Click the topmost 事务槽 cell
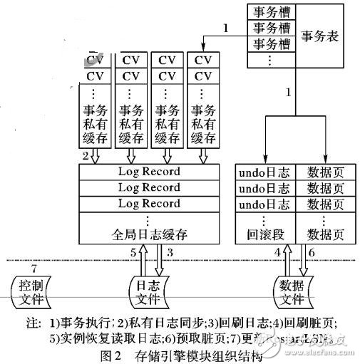point(269,12)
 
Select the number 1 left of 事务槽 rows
point(225,28)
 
